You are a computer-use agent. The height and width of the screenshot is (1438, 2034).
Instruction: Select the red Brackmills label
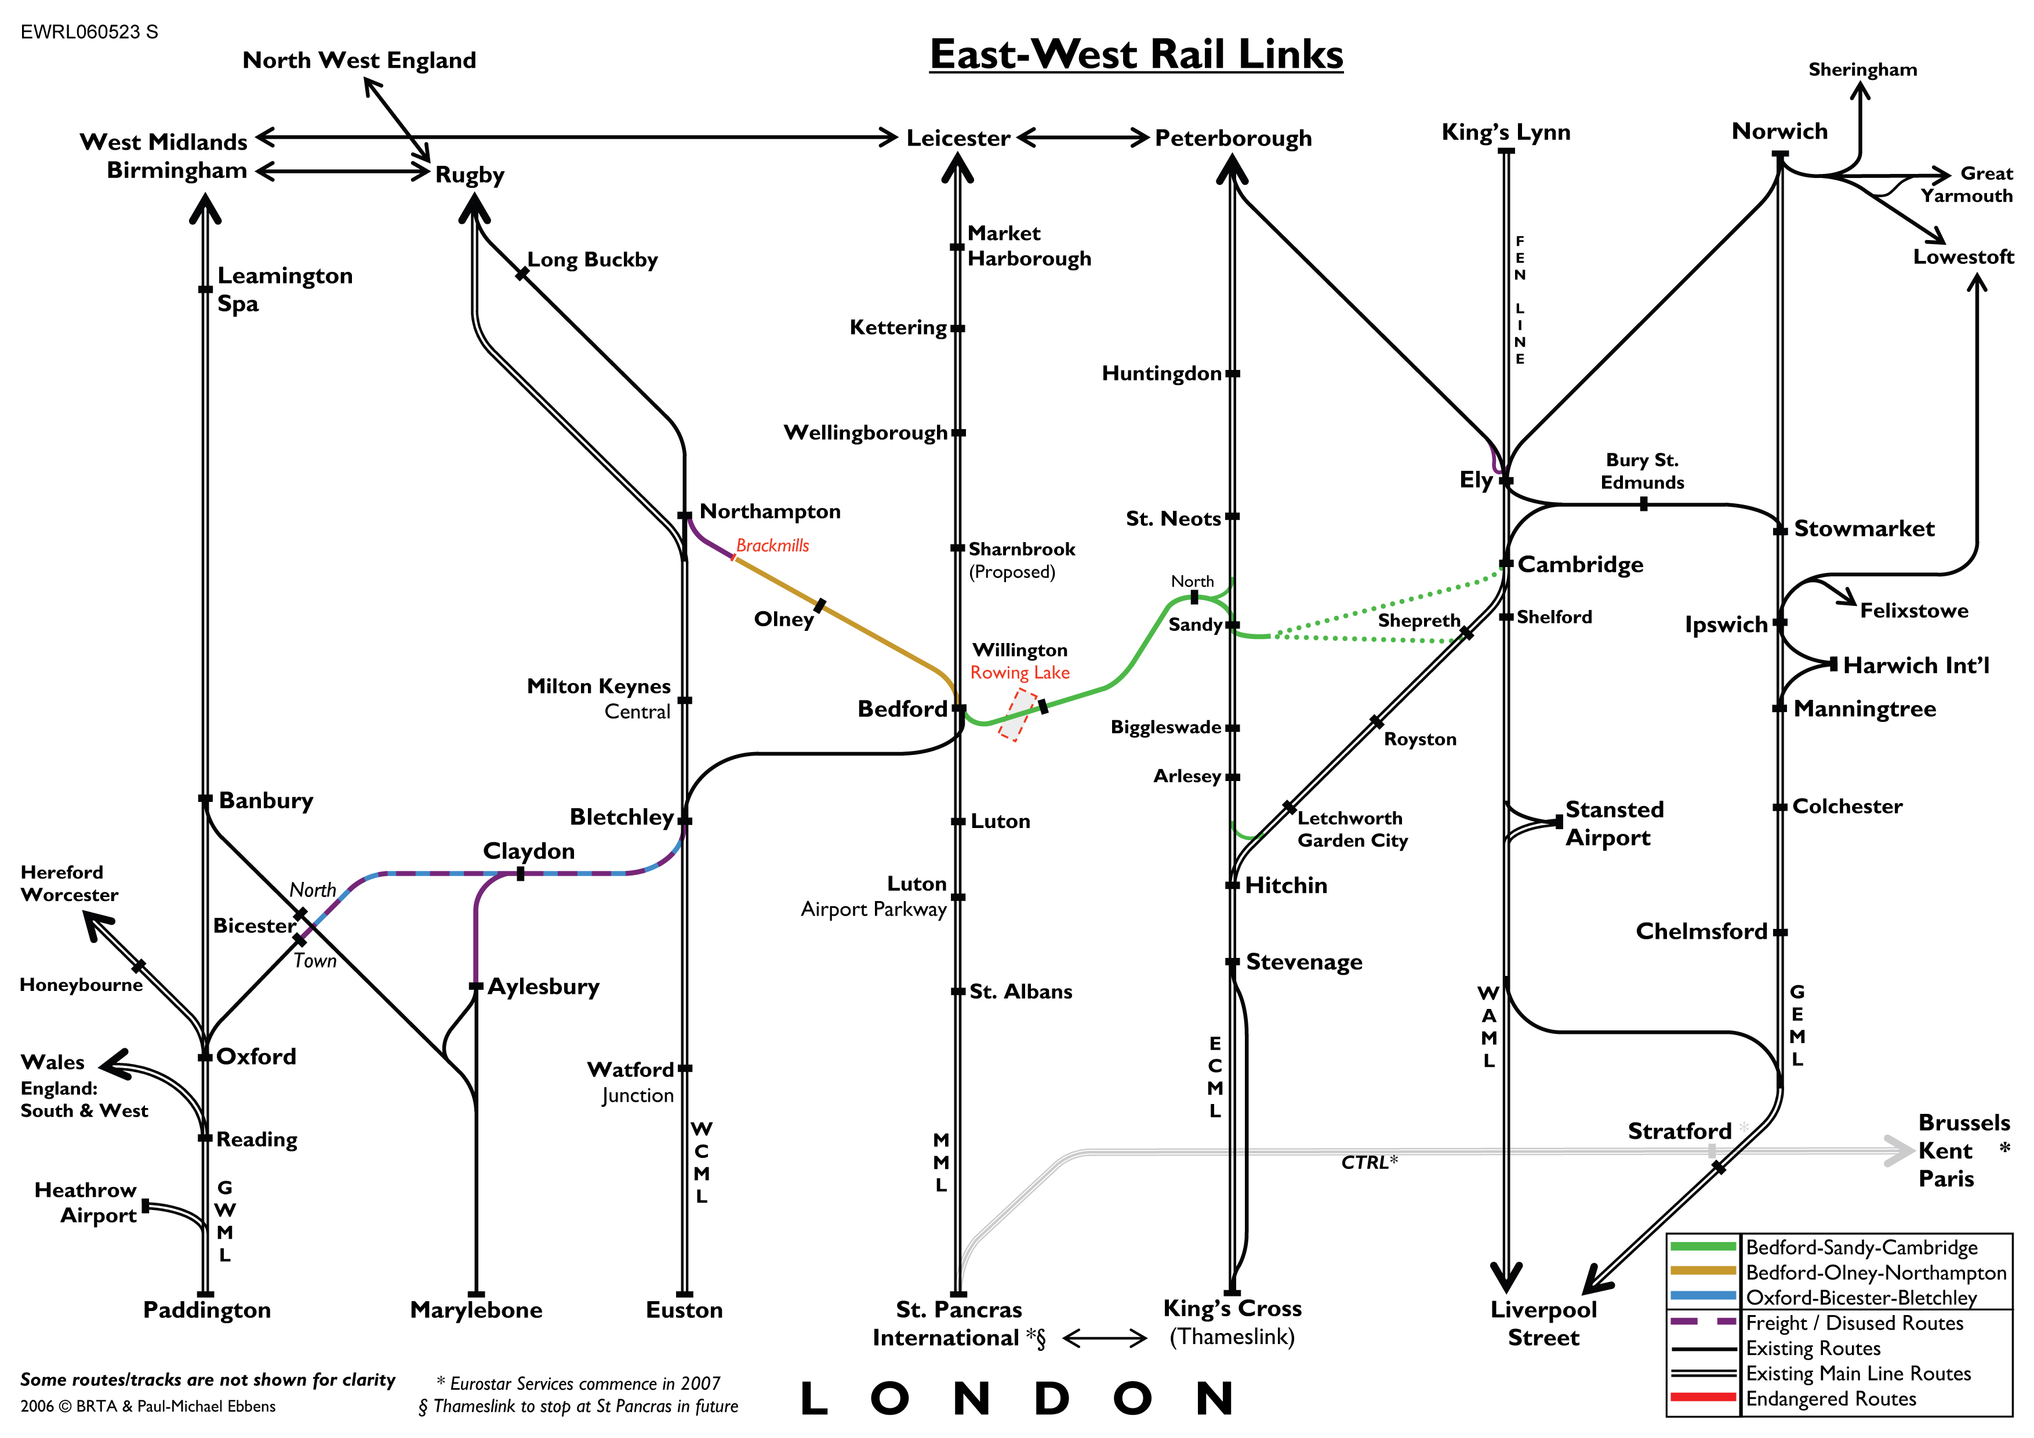click(x=772, y=546)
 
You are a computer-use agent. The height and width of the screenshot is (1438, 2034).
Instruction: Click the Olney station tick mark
click(x=819, y=605)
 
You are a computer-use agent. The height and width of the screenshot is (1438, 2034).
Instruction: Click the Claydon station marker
click(x=520, y=874)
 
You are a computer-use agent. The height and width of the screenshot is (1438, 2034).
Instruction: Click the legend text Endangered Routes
click(x=1830, y=1399)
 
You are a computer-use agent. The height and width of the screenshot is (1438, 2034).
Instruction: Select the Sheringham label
click(x=1862, y=69)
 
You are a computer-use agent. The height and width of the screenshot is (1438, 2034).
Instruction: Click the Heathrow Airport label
click(x=86, y=1203)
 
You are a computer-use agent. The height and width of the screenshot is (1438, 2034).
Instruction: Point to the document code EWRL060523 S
click(x=89, y=32)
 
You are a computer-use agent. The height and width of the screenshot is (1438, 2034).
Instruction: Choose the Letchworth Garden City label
click(x=1352, y=829)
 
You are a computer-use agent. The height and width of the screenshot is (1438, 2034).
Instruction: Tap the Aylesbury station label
click(x=543, y=986)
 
